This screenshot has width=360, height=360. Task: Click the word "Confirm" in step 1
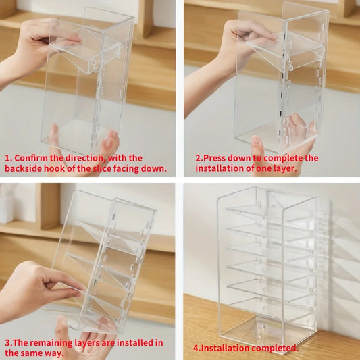pos(30,158)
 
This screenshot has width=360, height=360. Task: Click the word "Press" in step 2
pos(214,158)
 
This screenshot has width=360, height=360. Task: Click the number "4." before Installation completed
pos(197,348)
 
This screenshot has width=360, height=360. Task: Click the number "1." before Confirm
pos(9,159)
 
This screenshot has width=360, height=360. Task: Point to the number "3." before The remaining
pos(9,343)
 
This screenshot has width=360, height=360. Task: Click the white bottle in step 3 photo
pos(6,204)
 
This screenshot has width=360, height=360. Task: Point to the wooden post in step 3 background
pos(49,207)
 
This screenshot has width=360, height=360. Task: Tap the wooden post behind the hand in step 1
pos(145,19)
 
